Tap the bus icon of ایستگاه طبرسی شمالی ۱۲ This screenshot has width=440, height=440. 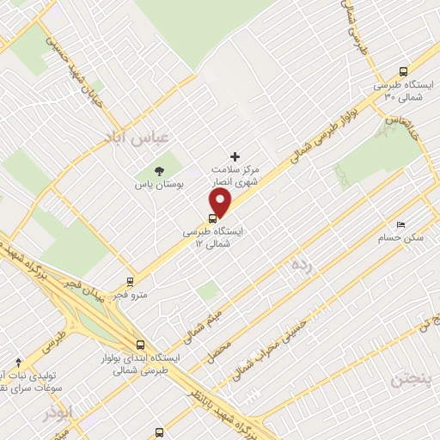pos(212,217)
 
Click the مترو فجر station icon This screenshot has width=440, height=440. pos(131,280)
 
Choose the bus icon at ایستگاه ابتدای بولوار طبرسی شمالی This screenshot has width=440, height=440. pos(140,345)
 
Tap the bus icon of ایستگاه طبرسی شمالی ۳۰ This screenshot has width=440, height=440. pos(403,72)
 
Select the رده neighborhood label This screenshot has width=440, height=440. pos(299,264)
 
